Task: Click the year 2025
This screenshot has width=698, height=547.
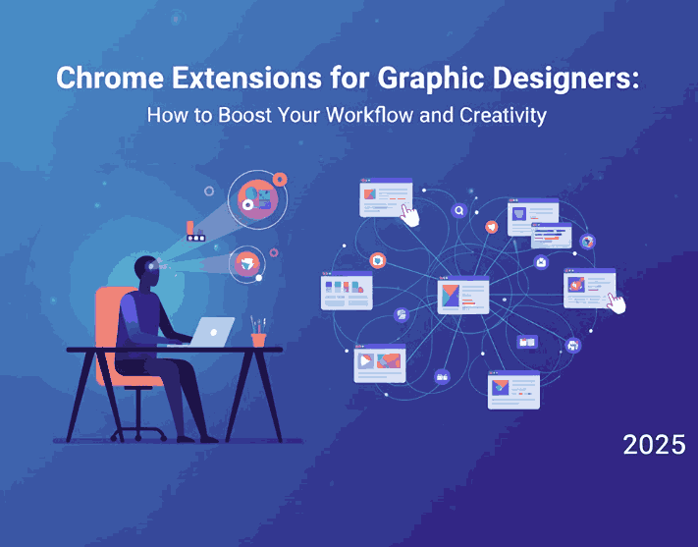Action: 654,444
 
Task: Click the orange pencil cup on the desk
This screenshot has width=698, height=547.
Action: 258,338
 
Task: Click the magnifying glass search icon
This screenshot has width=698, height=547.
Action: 458,210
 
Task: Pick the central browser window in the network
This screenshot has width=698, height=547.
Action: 463,295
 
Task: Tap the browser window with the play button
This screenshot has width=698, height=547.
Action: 379,362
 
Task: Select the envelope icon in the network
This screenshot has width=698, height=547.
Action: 540,262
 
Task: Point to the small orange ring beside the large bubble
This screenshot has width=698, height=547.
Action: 281,179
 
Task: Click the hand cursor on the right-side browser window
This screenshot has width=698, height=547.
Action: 616,302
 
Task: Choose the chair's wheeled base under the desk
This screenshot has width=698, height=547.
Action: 144,424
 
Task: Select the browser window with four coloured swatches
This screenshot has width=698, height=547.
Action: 347,292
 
